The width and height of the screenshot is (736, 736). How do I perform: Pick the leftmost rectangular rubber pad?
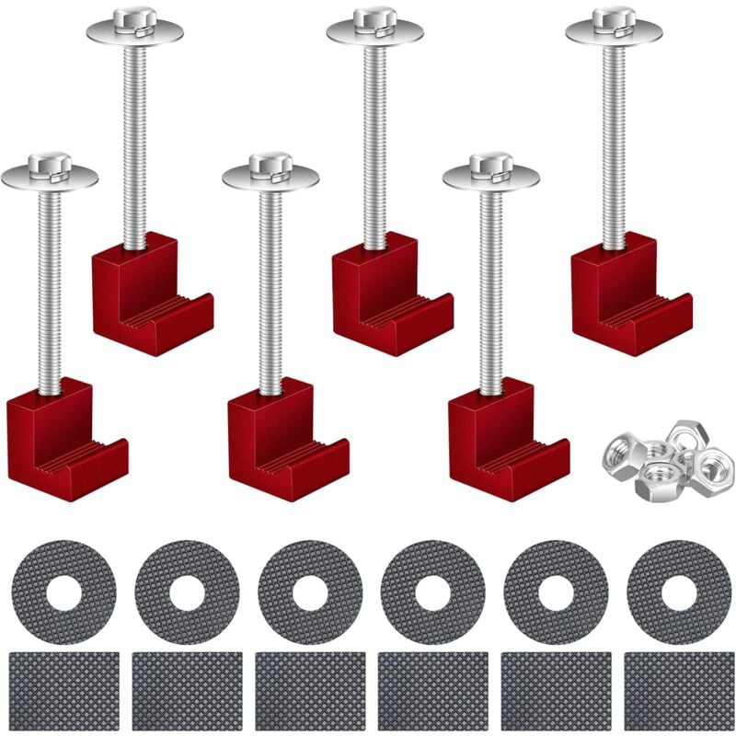point(63,691)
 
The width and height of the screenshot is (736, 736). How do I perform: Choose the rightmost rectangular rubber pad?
point(678,691)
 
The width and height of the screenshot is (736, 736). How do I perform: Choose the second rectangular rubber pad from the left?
point(187,691)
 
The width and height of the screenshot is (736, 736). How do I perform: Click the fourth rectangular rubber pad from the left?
point(432,691)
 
